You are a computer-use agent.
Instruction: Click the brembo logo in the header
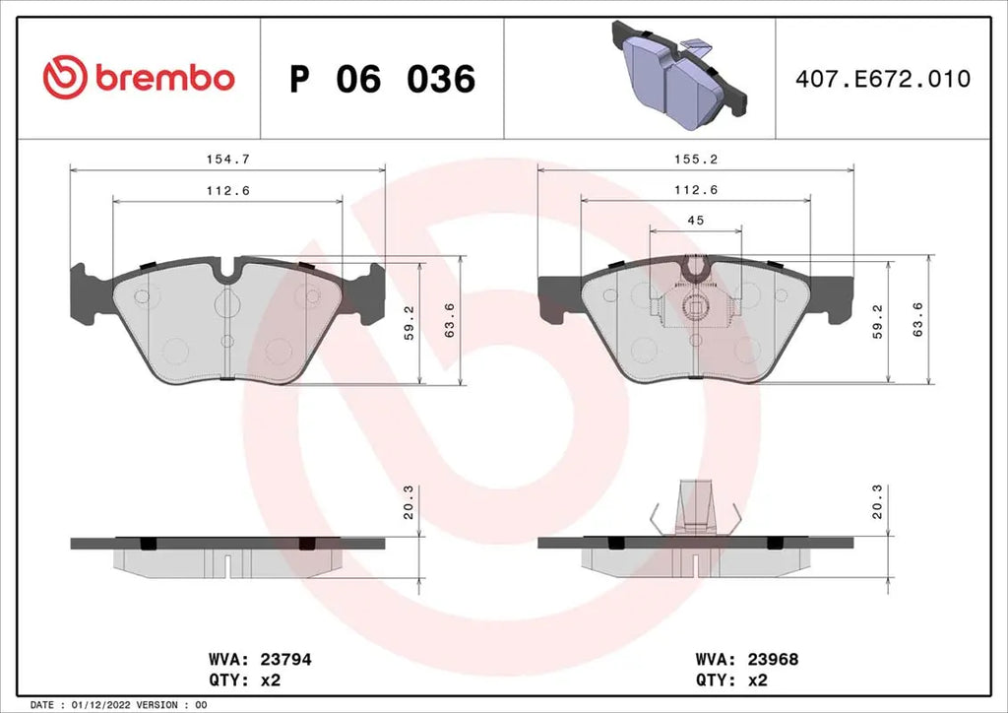(139, 78)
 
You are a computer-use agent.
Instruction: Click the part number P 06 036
(382, 79)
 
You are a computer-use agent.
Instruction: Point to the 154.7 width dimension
(227, 158)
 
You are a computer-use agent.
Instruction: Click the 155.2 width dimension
(695, 158)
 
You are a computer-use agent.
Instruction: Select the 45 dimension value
(695, 221)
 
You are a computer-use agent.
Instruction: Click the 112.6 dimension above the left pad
(227, 190)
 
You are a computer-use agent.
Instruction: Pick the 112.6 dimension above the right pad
(695, 190)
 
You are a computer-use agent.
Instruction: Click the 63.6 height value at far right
(918, 320)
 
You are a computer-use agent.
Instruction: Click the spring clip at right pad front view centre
(696, 306)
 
